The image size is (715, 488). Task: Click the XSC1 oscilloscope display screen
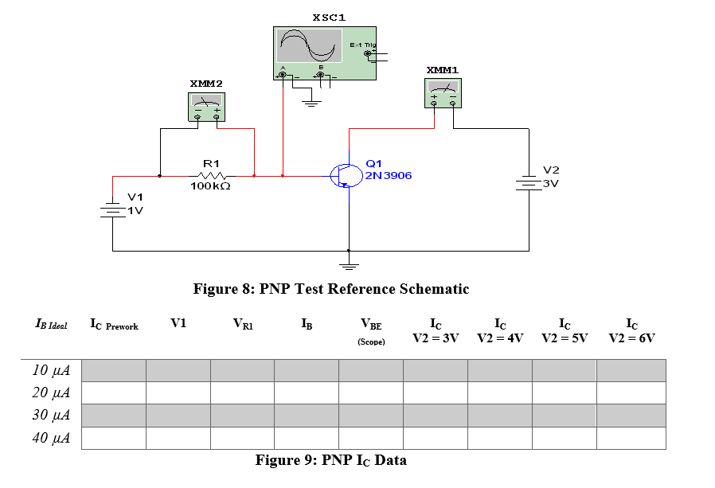tap(310, 46)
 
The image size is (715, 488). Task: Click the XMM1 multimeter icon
tap(443, 93)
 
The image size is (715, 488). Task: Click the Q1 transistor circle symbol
tap(346, 175)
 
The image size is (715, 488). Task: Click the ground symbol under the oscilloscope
tap(311, 101)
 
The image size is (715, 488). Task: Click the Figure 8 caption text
tap(330, 289)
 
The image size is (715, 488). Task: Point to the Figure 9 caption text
tap(330, 459)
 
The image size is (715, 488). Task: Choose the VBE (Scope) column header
tap(371, 330)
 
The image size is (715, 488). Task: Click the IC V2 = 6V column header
tap(631, 330)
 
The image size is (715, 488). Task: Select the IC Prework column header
tap(114, 326)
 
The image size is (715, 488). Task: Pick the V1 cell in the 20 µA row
tap(178, 392)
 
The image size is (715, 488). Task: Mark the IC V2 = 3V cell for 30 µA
tap(435, 416)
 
